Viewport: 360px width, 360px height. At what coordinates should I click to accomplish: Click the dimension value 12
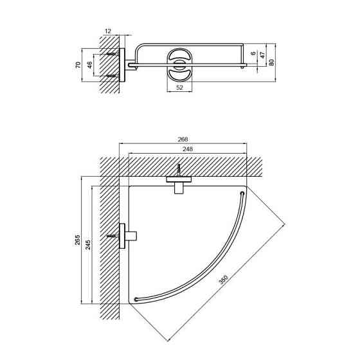[x=108, y=31]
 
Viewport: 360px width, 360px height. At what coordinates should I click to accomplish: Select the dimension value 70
[x=78, y=65]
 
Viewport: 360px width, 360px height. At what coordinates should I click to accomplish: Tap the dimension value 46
[x=90, y=65]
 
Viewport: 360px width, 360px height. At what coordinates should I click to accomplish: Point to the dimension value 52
[x=179, y=87]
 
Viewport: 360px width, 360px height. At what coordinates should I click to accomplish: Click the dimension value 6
[x=253, y=53]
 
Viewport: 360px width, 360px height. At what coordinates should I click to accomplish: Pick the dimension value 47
[x=262, y=55]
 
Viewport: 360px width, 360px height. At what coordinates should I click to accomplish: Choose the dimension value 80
[x=271, y=62]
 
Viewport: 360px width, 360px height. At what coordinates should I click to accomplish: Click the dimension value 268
[x=183, y=139]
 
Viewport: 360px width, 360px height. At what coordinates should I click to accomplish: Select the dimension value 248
[x=188, y=148]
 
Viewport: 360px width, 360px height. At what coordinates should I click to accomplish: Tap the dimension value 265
[x=78, y=240]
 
